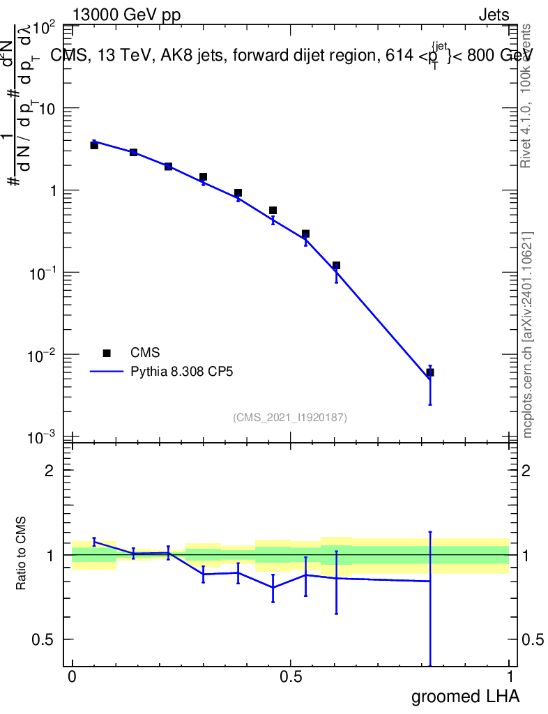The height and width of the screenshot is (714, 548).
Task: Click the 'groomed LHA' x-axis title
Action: [x=465, y=697]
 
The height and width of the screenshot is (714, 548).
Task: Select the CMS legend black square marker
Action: [x=107, y=353]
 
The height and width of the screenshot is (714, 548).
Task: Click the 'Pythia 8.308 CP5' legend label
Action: [x=181, y=372]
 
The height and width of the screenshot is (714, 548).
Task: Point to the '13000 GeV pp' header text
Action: [x=126, y=15]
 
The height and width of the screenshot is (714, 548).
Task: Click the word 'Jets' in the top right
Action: [x=493, y=15]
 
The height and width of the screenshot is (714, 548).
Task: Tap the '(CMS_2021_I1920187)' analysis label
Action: [x=290, y=418]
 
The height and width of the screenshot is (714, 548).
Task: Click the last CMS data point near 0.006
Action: [x=430, y=372]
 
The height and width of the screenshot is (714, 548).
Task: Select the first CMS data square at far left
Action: [x=94, y=145]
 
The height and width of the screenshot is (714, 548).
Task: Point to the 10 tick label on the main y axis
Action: [x=47, y=109]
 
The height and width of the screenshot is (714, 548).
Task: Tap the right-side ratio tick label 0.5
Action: [x=533, y=639]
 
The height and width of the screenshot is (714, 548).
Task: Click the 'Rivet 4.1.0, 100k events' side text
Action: [x=526, y=96]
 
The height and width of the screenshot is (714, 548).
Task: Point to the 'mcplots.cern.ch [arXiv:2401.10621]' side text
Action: [x=528, y=335]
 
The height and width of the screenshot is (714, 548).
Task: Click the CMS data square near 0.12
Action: [x=336, y=266]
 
